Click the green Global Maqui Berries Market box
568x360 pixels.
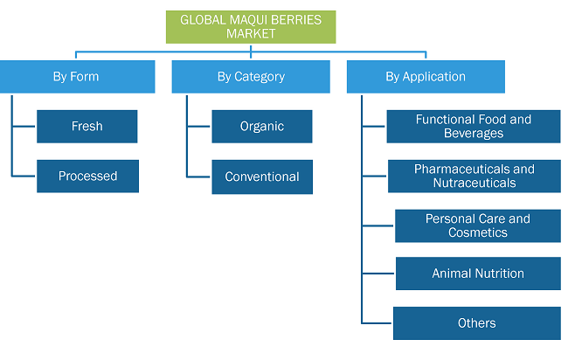coord(251,27)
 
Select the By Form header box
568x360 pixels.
coord(78,77)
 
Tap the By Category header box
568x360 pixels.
coord(251,77)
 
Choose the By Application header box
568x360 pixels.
coord(426,77)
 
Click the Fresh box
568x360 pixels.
coord(87,127)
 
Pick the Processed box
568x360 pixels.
coord(87,176)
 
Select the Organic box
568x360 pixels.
coord(262,127)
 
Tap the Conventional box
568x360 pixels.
coord(262,177)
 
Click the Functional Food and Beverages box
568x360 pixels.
coord(474,127)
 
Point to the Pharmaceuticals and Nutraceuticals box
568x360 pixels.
coord(474,176)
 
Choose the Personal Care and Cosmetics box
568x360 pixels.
coord(478,225)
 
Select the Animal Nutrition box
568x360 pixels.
coord(478,273)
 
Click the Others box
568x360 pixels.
coord(477,323)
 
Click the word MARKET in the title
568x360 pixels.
coord(251,34)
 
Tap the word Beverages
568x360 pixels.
coord(474,134)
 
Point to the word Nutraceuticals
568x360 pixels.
coord(474,183)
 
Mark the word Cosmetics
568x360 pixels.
coord(478,232)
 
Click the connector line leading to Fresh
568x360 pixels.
coord(24,127)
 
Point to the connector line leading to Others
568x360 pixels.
coord(378,323)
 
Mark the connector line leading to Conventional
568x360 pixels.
coord(199,177)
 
